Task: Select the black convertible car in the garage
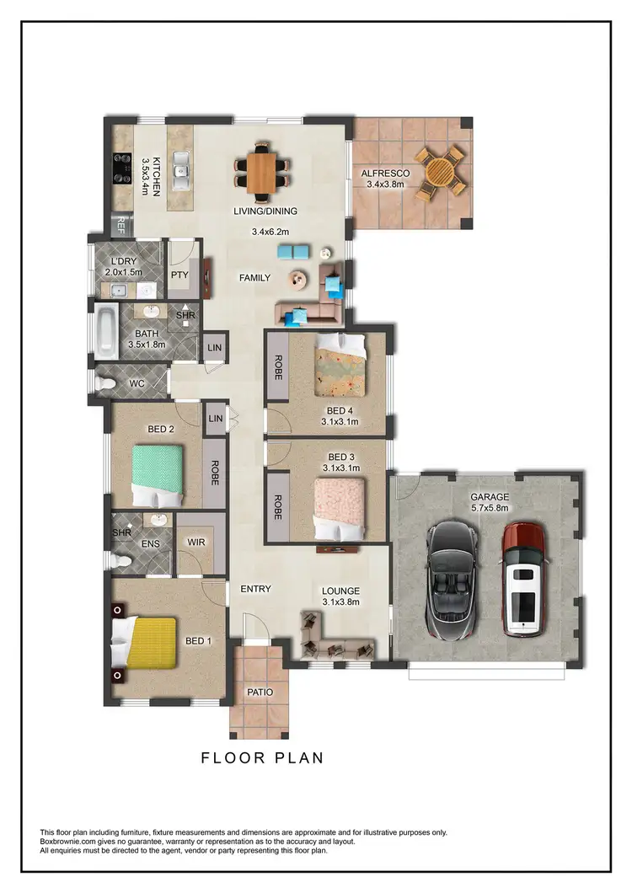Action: [x=452, y=581]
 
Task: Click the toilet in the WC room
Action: [x=106, y=384]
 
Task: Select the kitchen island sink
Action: [x=179, y=171]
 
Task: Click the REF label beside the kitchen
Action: [x=121, y=224]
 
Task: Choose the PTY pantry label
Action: [x=179, y=274]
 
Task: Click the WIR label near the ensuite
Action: [x=196, y=542]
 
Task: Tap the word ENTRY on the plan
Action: [x=255, y=588]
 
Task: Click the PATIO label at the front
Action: [x=260, y=692]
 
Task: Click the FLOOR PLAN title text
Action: [x=262, y=757]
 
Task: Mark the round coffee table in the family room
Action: [x=298, y=279]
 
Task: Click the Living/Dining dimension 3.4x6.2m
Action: [x=270, y=232]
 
